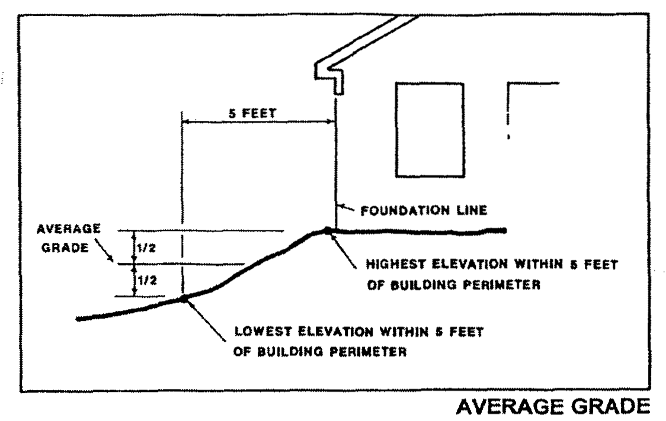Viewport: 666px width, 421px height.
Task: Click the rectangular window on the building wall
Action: point(430,130)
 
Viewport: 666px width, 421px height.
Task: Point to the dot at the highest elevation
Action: point(326,230)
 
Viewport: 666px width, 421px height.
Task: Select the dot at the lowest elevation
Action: point(184,298)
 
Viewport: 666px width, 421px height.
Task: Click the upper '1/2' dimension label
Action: point(146,248)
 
